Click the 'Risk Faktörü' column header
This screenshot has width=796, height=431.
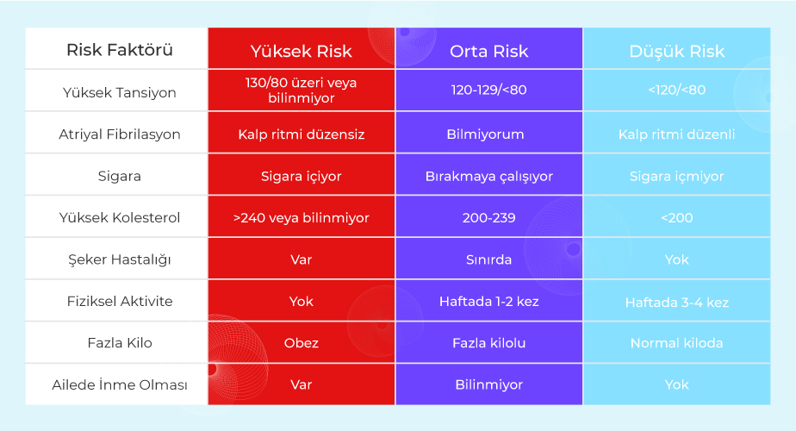120,50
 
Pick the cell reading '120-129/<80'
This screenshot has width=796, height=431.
488,90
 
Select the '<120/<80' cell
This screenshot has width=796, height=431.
677,90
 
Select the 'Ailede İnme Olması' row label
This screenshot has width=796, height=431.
120,384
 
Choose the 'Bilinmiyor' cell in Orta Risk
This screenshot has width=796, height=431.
488,384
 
